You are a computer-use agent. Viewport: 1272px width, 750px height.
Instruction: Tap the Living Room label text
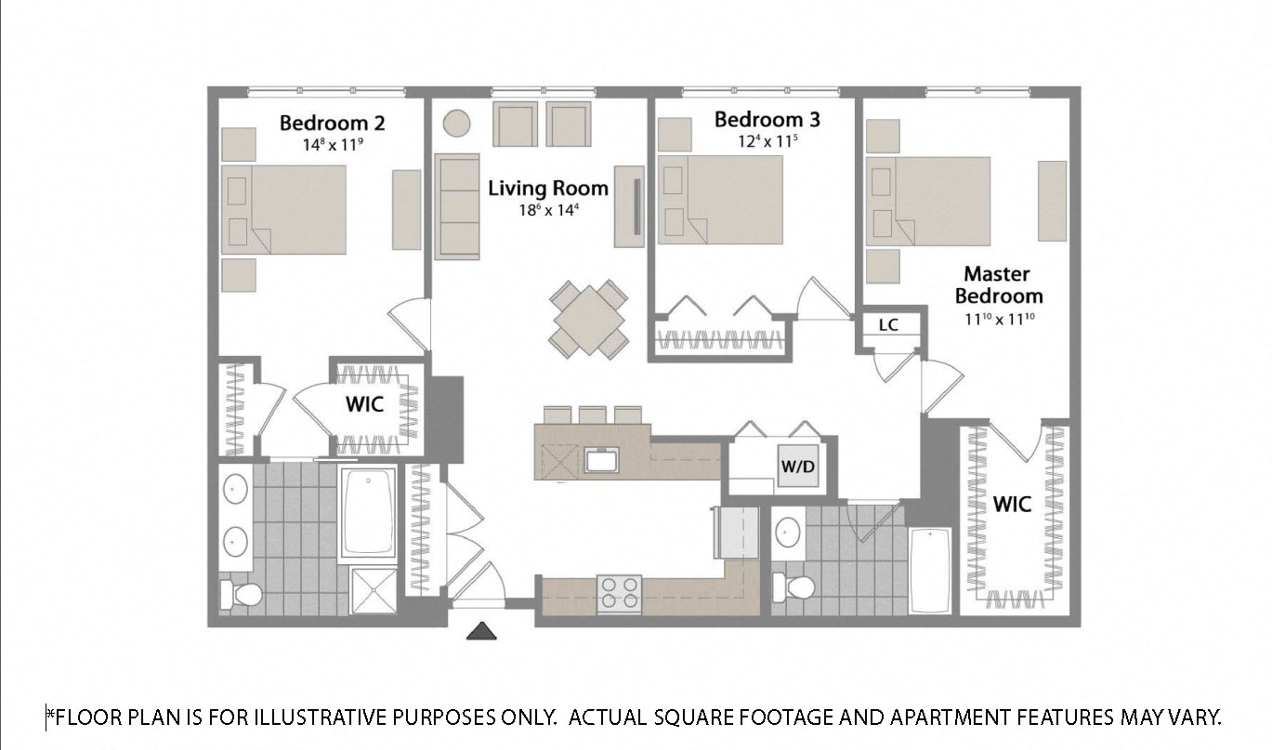click(548, 189)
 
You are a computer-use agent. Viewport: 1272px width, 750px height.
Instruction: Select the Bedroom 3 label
click(767, 120)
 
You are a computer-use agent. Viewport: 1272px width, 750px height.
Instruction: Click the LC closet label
click(887, 324)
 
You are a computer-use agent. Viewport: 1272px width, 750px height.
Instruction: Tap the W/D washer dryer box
click(797, 467)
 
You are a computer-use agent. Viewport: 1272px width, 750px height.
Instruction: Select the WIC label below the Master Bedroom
click(1012, 505)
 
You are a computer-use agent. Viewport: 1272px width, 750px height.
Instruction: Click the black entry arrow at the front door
click(482, 632)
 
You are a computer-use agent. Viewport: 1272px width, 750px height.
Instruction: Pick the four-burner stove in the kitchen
click(620, 593)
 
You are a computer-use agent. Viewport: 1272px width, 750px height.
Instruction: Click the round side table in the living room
click(456, 123)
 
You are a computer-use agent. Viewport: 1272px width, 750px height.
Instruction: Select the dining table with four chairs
click(589, 319)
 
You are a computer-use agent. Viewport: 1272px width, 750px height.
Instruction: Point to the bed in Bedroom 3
click(720, 200)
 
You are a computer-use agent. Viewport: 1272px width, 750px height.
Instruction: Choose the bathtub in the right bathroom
click(931, 571)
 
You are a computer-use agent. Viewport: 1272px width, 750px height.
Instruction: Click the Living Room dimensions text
click(548, 210)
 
